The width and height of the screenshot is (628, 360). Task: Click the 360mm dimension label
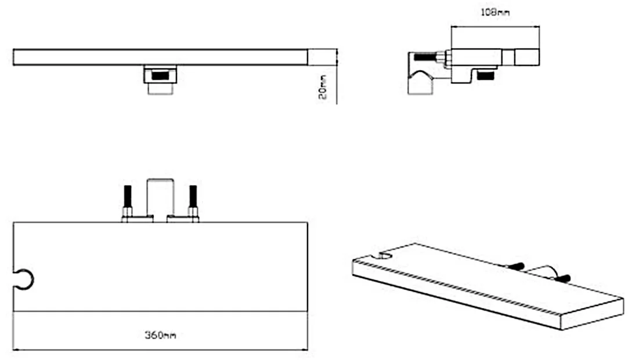(160, 335)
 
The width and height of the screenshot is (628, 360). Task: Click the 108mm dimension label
(495, 12)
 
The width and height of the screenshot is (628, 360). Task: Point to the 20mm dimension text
(323, 87)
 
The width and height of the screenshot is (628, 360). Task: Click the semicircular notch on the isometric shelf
(386, 255)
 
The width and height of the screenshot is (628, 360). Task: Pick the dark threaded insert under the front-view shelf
(160, 75)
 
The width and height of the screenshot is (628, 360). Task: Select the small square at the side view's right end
(526, 57)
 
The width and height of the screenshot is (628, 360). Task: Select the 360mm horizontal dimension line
(160, 350)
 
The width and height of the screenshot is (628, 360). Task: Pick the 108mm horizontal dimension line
(495, 27)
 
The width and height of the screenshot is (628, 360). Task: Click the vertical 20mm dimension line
(337, 76)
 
